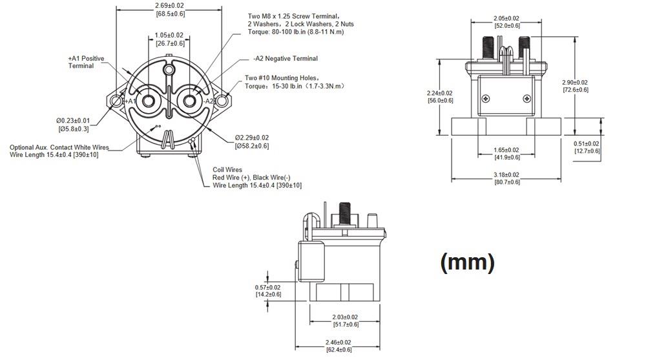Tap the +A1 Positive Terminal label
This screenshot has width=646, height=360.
click(86, 62)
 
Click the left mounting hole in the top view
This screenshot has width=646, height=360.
click(116, 101)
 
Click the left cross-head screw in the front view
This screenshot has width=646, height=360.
click(486, 98)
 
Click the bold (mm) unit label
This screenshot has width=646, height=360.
click(467, 262)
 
